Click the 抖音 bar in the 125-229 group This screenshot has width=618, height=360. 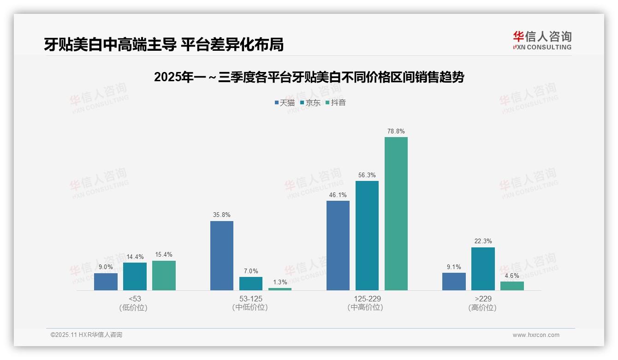(396, 214)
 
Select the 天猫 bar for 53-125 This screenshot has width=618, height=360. (222, 256)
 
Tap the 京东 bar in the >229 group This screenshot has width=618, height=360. (483, 269)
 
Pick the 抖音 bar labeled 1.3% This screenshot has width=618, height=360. (280, 289)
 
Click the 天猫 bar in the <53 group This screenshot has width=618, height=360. (106, 282)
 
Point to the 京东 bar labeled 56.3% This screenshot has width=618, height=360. (367, 235)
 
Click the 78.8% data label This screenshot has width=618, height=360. (396, 132)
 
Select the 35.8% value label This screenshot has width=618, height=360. (222, 215)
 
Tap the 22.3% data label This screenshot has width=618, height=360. (483, 241)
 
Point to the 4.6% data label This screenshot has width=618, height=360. (512, 276)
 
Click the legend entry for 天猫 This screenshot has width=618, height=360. (285, 102)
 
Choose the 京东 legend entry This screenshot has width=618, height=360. (310, 102)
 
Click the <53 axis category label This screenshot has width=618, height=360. (135, 299)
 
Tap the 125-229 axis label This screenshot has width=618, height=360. (367, 299)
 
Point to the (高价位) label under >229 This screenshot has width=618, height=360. (483, 307)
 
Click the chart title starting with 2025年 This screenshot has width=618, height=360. (309, 77)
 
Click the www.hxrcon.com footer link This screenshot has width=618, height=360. (536, 335)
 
